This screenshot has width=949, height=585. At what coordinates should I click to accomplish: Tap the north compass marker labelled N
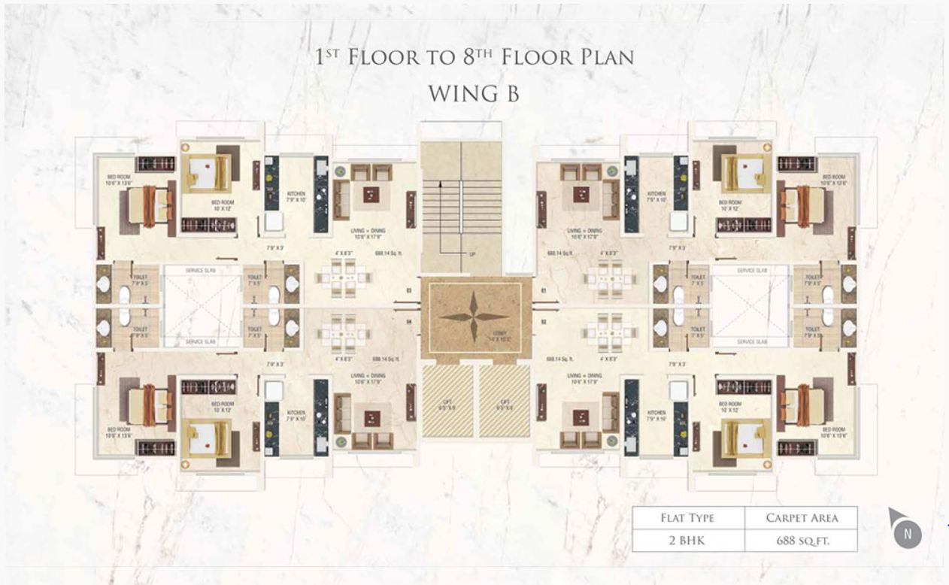[908, 534]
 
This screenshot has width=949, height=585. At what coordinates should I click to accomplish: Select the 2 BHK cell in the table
[687, 540]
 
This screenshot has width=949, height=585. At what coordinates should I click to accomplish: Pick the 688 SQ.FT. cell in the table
[802, 540]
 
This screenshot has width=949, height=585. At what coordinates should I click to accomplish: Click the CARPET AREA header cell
[802, 517]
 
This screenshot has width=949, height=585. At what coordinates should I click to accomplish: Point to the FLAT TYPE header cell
[687, 517]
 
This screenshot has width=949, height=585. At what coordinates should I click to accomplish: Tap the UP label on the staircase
[472, 253]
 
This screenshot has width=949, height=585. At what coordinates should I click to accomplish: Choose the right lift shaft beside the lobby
[505, 401]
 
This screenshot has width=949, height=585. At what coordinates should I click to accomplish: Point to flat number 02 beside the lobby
[542, 321]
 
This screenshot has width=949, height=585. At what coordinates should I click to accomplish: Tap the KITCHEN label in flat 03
[296, 197]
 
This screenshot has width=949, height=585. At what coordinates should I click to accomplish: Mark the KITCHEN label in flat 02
[656, 415]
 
